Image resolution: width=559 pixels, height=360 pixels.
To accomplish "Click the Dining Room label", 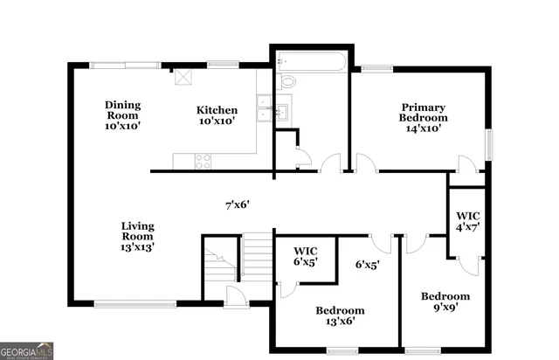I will [x=123, y=115].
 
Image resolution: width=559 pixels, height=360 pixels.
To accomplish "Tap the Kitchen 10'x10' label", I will [x=217, y=115].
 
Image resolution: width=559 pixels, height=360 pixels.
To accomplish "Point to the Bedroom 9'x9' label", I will [x=445, y=301].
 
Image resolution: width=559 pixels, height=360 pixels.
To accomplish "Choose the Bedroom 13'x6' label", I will [x=340, y=315].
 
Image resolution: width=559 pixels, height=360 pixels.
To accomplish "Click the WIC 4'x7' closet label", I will [x=468, y=221].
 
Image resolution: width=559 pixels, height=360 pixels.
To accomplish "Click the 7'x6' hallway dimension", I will [x=238, y=205].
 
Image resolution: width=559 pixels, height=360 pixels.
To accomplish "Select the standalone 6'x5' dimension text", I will [x=368, y=263].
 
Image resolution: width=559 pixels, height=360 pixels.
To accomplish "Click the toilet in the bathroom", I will [x=287, y=82].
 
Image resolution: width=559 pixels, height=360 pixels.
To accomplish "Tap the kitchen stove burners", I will [x=202, y=160].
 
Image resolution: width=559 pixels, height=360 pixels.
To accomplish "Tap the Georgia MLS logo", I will [x=27, y=350].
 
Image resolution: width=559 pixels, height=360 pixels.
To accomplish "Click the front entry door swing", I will [x=234, y=296].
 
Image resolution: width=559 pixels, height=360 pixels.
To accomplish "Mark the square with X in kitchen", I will [x=183, y=75].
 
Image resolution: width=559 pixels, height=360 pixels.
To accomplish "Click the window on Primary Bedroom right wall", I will [x=489, y=141].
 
